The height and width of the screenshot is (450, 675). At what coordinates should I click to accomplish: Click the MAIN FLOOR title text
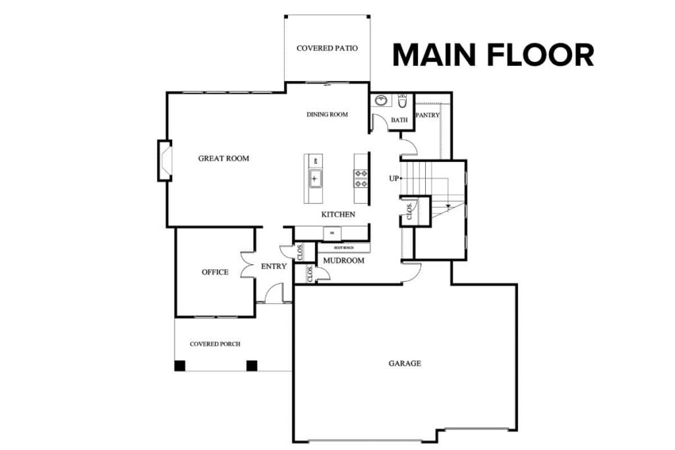[x=493, y=55]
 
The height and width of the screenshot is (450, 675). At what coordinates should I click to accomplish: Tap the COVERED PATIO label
[x=327, y=48]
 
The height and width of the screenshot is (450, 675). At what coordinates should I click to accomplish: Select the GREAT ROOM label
[x=223, y=158]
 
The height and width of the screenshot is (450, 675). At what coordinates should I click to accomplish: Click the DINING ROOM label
[x=327, y=115]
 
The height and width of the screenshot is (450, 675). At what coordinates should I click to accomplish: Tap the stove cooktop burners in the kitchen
[x=361, y=179]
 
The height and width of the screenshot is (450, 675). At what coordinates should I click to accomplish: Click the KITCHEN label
[x=338, y=215]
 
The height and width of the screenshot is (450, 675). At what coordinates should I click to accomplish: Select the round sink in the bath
[x=381, y=101]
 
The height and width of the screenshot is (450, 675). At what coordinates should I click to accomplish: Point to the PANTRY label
[x=427, y=115]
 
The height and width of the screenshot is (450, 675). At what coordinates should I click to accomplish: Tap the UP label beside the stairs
[x=393, y=178]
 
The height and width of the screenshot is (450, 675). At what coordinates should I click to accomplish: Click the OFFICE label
[x=215, y=272]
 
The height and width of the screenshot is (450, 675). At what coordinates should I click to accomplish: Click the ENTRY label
[x=274, y=267]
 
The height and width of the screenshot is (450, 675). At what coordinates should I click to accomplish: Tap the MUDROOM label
[x=343, y=261]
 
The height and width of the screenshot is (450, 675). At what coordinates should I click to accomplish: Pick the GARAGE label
[x=404, y=363]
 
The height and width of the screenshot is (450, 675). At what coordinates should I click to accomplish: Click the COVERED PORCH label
[x=215, y=344]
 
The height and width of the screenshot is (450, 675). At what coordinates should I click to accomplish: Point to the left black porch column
[x=179, y=366]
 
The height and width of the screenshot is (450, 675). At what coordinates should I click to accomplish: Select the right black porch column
[x=251, y=366]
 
